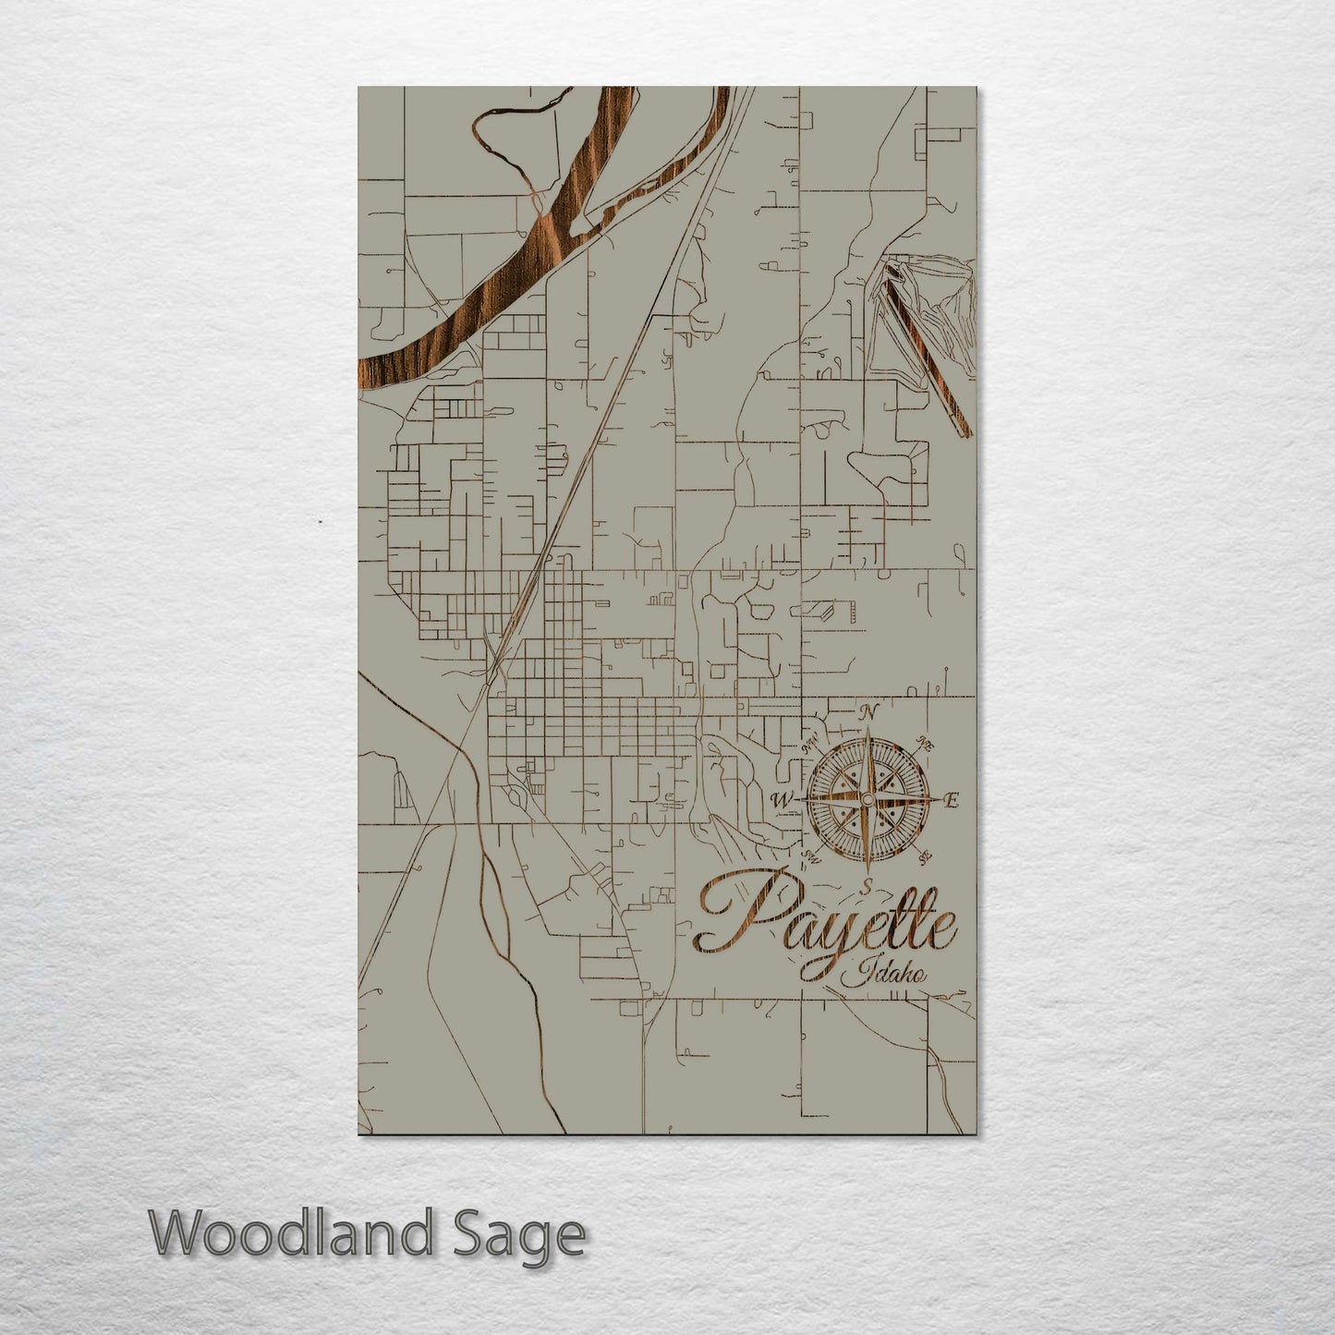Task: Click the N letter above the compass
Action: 867,711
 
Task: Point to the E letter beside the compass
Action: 953,800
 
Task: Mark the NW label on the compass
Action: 810,742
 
